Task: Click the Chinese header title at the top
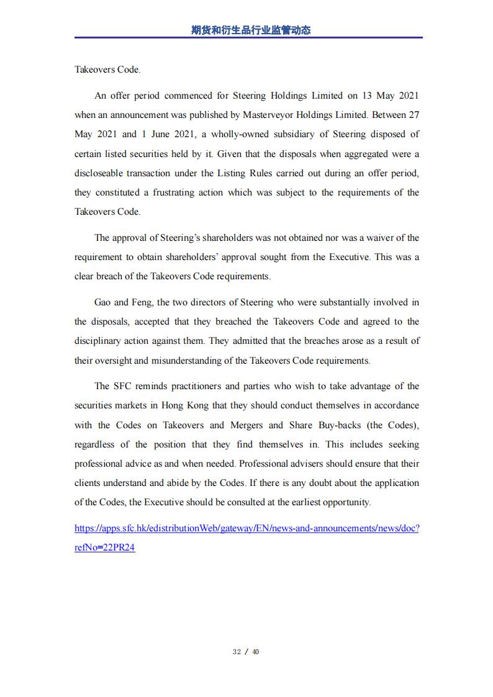(x=251, y=30)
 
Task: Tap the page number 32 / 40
(x=246, y=652)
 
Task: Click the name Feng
(x=139, y=302)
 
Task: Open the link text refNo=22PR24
(x=104, y=548)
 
